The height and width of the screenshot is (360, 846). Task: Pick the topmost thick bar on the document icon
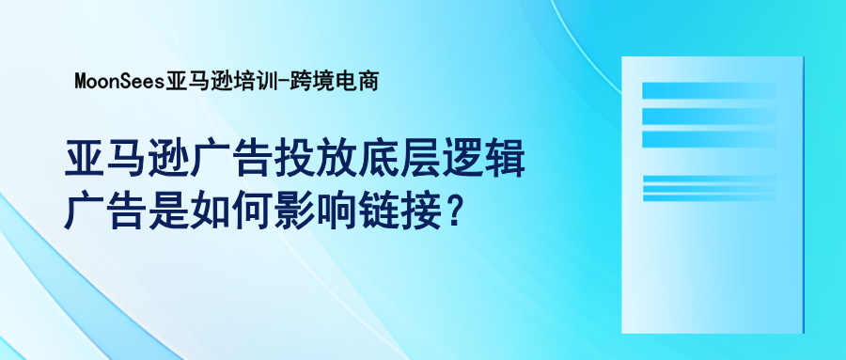click(709, 91)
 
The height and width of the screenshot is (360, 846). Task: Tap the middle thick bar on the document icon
click(709, 115)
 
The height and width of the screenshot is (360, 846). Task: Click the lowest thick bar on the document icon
click(709, 138)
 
